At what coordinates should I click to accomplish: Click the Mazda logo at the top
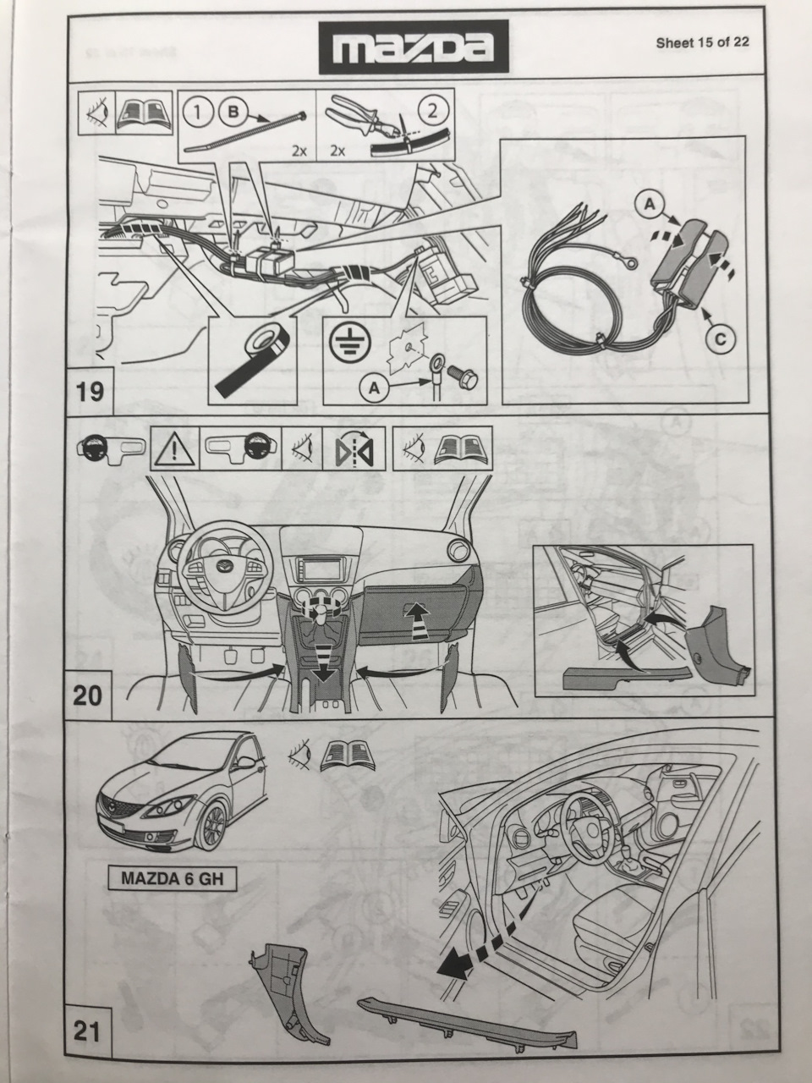pos(414,47)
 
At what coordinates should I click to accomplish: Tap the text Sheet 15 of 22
pos(702,42)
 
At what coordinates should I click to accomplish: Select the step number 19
pos(91,392)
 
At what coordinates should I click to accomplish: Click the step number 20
pos(87,695)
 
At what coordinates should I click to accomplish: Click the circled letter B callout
pos(233,113)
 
